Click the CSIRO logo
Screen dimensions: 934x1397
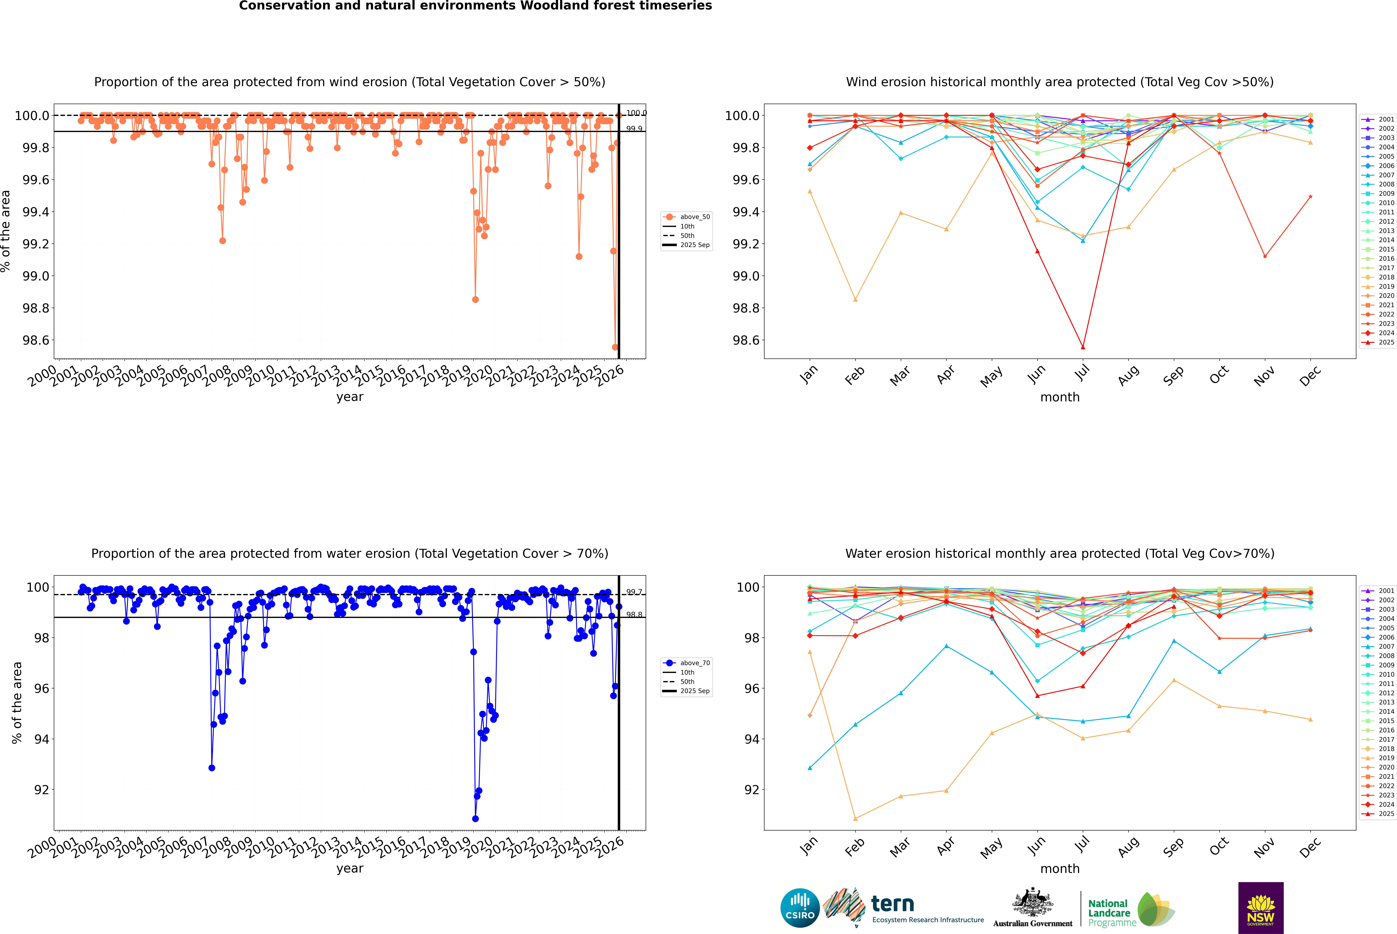[x=800, y=908]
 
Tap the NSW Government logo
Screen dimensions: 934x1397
[x=1261, y=908]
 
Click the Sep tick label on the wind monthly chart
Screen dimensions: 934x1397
[x=1173, y=375]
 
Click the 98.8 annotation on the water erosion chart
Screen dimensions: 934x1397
[x=634, y=615]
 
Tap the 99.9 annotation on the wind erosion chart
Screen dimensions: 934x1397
[x=634, y=129]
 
